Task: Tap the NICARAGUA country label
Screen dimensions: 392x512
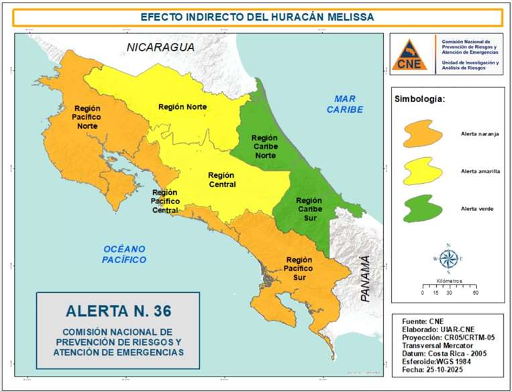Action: pos(162,48)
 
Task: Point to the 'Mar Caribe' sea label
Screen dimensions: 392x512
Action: pos(344,104)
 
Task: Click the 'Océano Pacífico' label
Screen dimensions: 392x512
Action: pos(124,254)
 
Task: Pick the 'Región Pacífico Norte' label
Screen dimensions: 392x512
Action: pos(88,117)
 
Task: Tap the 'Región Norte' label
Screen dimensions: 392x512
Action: pos(183,107)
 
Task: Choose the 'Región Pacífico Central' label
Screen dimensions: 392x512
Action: pos(164,201)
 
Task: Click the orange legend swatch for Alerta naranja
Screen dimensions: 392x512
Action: pos(421,134)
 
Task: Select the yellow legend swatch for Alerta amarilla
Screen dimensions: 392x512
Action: pos(421,171)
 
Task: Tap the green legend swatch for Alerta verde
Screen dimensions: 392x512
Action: pos(421,209)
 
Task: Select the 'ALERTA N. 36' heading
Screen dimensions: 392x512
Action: pos(119,311)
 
